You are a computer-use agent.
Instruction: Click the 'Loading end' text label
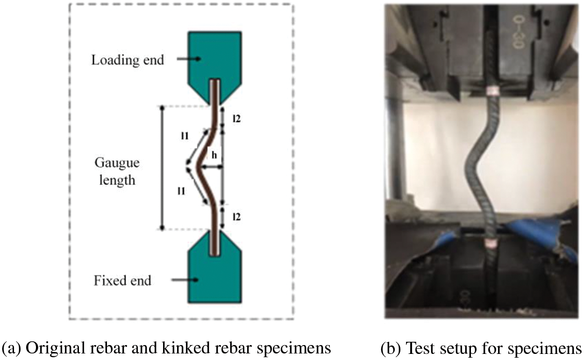click(x=128, y=60)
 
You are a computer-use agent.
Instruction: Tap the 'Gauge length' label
click(x=117, y=171)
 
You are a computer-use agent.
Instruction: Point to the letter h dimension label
click(x=214, y=156)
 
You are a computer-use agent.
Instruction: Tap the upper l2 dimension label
click(x=237, y=119)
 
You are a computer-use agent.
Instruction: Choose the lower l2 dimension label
click(x=237, y=216)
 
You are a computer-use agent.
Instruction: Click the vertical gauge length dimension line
click(x=162, y=168)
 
